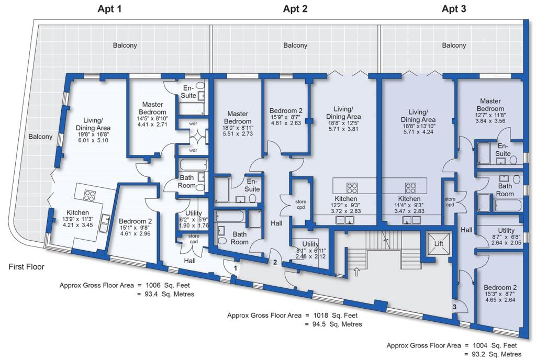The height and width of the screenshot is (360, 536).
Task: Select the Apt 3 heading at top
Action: [454, 8]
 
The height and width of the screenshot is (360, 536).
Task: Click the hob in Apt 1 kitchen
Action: [89, 196]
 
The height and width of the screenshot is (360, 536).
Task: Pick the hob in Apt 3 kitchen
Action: [410, 188]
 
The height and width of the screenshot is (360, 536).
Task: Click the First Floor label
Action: [27, 267]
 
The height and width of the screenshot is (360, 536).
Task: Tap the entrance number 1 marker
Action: [236, 268]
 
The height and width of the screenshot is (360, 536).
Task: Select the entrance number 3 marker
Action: [454, 307]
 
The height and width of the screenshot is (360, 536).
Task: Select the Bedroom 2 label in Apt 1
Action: [135, 221]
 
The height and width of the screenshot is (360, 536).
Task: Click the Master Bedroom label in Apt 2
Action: [237, 117]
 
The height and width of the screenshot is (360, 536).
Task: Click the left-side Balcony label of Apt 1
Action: [41, 137]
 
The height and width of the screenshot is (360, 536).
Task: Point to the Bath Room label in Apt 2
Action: [240, 238]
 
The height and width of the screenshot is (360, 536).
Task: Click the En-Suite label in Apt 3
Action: [503, 150]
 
